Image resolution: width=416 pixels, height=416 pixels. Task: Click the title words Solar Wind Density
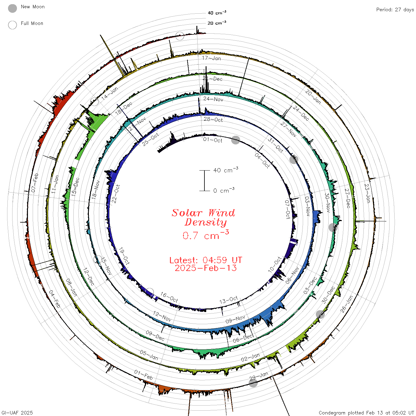[x=203, y=218]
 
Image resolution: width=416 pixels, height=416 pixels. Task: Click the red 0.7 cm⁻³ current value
[x=206, y=235]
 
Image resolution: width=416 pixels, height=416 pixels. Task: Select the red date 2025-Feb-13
[x=206, y=268]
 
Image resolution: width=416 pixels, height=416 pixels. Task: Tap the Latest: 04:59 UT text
[x=206, y=260]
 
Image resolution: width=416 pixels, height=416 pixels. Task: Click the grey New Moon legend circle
[x=12, y=8]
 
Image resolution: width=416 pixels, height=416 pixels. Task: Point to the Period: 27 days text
[x=395, y=10]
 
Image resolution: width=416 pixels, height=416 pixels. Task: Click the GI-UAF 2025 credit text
[x=17, y=412]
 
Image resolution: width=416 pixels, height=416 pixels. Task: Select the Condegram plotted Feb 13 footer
[x=366, y=412]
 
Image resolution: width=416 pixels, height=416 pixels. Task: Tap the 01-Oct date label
[x=213, y=140]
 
